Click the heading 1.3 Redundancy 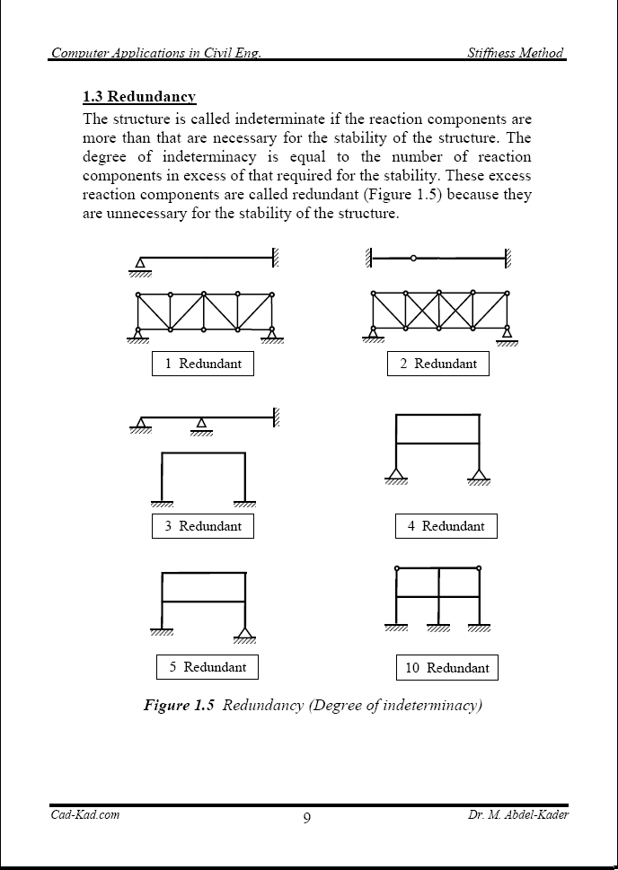139,97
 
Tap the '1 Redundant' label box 203,364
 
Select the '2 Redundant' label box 438,364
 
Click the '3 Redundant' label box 203,526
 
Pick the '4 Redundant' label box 446,526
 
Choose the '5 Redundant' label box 207,667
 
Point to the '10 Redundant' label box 446,668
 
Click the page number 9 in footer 307,817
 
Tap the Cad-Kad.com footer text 84,814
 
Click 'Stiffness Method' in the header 516,53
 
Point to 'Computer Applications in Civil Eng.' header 156,53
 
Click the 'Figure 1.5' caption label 179,705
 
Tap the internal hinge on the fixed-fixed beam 413,259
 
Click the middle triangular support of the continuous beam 201,424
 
